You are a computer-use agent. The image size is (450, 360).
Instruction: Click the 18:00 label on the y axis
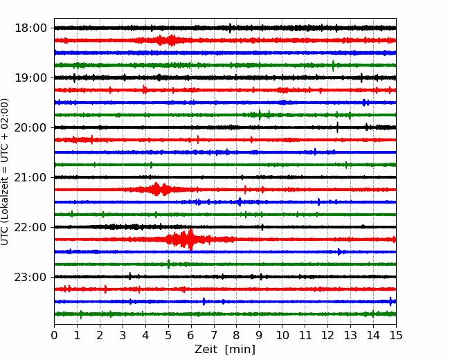[30, 28]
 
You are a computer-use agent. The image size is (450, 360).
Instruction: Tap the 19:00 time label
[30, 78]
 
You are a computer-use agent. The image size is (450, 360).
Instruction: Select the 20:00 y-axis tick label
[30, 127]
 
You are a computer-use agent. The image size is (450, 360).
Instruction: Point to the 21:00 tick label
[30, 177]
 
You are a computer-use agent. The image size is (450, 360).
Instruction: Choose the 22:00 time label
[30, 227]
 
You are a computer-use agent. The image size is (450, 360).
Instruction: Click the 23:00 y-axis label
[30, 277]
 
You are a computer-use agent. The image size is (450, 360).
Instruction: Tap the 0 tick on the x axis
[54, 335]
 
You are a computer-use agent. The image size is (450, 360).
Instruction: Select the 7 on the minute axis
[214, 335]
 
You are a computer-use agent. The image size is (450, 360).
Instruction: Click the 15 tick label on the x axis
[396, 335]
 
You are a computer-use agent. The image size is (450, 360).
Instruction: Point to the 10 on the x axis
[282, 335]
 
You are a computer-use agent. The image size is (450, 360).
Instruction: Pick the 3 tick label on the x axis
[123, 335]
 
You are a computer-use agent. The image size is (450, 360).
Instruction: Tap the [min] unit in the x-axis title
[240, 350]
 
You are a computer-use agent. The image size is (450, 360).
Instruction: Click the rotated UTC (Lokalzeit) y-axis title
[5, 172]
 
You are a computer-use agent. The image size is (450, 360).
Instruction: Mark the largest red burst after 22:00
[186, 239]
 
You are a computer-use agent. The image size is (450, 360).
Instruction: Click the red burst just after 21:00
[156, 189]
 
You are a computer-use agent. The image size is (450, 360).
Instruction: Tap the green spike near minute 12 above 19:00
[333, 66]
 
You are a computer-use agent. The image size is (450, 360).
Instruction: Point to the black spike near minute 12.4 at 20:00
[337, 127]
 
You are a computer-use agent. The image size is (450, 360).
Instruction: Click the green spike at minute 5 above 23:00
[168, 264]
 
